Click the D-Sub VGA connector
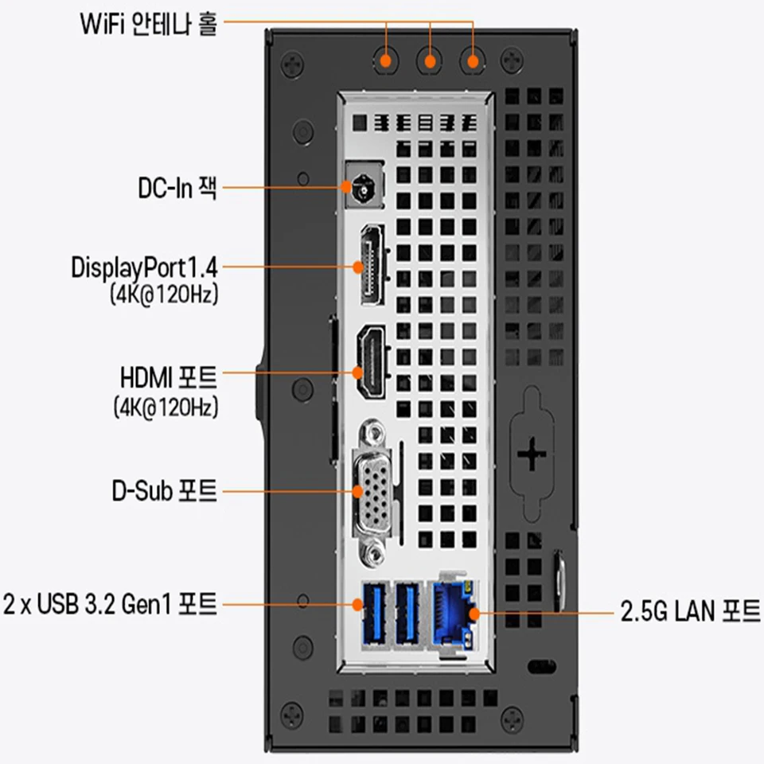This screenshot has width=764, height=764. click(372, 490)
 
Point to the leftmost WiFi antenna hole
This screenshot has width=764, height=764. click(387, 60)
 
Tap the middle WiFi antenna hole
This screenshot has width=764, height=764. click(431, 60)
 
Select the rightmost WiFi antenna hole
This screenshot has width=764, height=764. click(474, 60)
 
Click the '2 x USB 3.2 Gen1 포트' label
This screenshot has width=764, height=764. click(110, 604)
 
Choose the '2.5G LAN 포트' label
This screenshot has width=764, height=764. click(690, 612)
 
